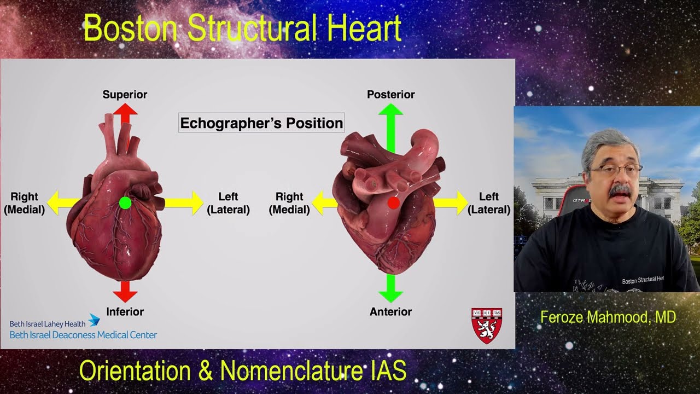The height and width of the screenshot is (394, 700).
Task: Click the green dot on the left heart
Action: (125, 203)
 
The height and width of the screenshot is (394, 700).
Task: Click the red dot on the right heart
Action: (393, 203)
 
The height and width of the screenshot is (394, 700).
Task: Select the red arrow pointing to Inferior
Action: (125, 291)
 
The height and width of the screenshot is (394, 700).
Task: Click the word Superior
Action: (125, 95)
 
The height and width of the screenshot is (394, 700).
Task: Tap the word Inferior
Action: (125, 312)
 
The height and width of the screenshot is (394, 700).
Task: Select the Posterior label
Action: (390, 95)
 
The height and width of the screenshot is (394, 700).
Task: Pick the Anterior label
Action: (390, 312)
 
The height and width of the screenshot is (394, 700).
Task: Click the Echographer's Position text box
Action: (261, 123)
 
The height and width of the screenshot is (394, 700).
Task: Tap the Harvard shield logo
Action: (487, 325)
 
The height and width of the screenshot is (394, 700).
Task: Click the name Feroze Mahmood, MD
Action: (608, 317)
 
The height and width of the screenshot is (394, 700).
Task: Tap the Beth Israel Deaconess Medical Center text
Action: (83, 335)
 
